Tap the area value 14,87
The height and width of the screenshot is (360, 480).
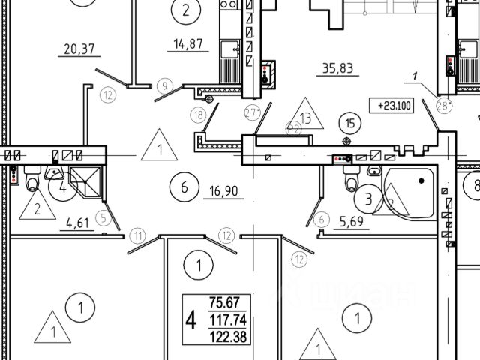click(184, 45)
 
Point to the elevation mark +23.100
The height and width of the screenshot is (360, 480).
click(391, 106)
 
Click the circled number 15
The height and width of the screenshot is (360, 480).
click(347, 121)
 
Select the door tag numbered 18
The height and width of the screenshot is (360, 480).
click(198, 115)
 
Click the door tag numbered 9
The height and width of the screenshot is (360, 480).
click(165, 84)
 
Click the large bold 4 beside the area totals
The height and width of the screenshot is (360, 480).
click(191, 320)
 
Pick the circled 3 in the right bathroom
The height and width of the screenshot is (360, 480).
click(368, 199)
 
